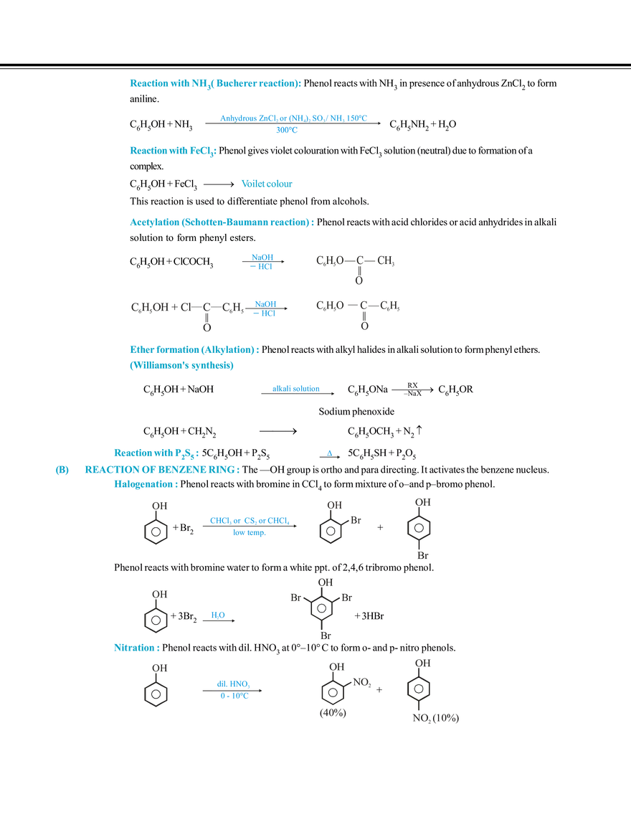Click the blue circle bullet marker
[62, 471]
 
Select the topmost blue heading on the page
[214, 84]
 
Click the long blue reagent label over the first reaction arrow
[293, 116]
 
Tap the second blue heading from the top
[171, 151]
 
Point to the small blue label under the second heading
[267, 184]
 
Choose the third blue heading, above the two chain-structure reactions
[220, 223]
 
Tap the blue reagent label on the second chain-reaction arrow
[265, 307]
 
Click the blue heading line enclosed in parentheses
[181, 366]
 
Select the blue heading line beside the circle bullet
[161, 470]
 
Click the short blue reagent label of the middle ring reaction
[217, 614]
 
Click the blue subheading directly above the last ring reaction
[135, 647]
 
